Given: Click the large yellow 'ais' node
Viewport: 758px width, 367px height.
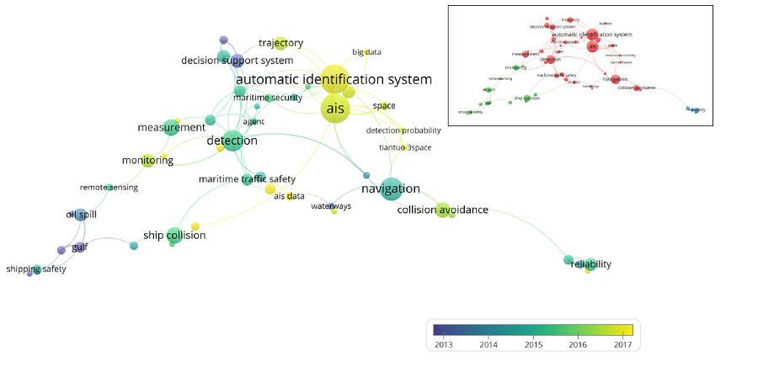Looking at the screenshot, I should (334, 109).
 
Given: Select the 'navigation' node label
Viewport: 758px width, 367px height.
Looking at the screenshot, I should (390, 189).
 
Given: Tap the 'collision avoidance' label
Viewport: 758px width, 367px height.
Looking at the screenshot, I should (442, 210).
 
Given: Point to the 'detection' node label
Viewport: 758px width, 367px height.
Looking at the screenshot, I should (232, 141).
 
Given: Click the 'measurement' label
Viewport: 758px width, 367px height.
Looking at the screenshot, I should (171, 127).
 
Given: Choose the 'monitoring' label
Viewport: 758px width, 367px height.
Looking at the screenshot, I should (147, 160).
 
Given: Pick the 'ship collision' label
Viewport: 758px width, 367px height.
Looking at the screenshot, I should (173, 235).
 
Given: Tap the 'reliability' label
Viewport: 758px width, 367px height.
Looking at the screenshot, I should (590, 264).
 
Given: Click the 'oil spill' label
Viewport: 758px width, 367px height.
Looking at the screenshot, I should (82, 215).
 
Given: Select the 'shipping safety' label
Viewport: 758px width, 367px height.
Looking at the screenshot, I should (36, 269).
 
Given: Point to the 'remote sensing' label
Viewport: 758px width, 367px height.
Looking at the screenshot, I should (109, 187).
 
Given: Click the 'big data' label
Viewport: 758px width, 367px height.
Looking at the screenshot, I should (366, 52).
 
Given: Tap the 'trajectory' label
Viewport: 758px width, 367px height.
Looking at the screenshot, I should (280, 43).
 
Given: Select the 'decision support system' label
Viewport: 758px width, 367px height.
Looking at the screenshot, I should (237, 61).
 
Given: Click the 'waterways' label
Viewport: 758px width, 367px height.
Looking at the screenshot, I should (331, 206).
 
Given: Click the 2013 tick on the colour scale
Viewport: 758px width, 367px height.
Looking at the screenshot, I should (444, 343).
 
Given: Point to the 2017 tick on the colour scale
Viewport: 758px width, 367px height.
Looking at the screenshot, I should (621, 343).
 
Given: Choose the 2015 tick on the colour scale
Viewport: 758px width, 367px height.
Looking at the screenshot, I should (532, 343).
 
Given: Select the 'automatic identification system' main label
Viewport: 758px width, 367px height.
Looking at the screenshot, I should (334, 80).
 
